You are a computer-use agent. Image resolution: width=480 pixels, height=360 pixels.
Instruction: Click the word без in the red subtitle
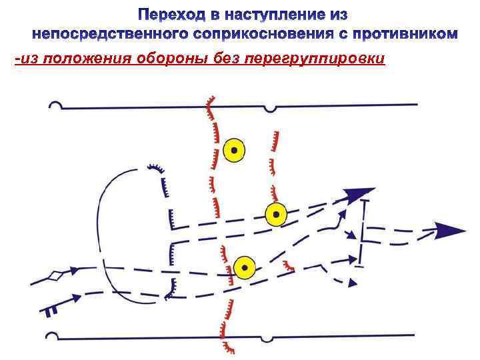(x=225, y=59)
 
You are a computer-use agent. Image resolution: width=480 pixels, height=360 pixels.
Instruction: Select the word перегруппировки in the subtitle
(x=314, y=59)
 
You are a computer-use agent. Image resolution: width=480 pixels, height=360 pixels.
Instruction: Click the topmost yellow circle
(x=234, y=150)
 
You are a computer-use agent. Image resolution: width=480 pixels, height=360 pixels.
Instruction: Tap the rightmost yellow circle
(x=275, y=215)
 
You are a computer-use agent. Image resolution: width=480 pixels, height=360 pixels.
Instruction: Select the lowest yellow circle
(x=245, y=267)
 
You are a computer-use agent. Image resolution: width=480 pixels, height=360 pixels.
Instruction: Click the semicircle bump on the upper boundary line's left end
(x=57, y=105)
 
